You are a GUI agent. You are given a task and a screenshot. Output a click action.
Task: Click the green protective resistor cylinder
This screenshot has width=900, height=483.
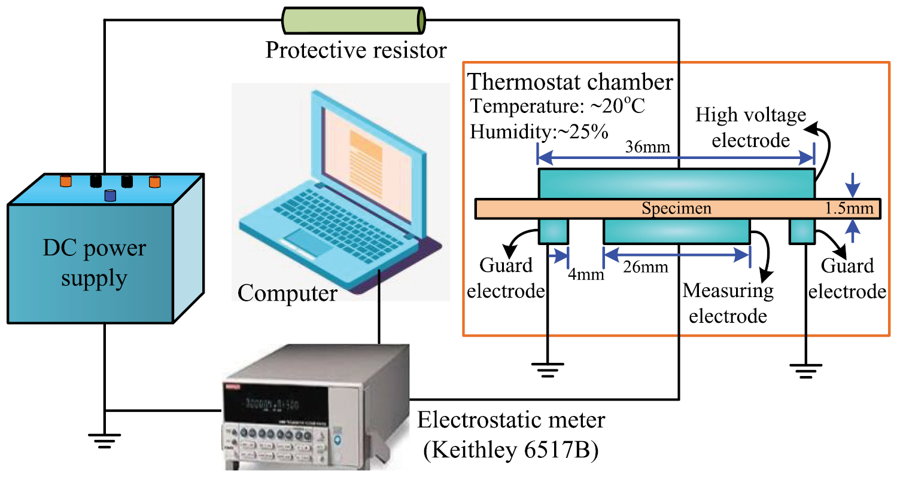pos(354,20)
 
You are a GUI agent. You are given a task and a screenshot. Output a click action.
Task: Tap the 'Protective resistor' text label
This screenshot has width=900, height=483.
pos(356,50)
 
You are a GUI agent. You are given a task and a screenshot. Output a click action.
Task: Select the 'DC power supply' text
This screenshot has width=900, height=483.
pos(94,263)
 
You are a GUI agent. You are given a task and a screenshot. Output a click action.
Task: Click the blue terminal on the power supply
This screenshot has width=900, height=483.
pos(110,195)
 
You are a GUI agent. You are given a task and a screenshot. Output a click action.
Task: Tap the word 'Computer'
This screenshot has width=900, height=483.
pos(287,294)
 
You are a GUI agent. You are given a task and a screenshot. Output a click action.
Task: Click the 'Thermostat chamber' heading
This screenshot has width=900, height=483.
pos(571,82)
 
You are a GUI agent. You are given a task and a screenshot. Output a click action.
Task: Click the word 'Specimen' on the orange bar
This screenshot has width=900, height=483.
pos(676,209)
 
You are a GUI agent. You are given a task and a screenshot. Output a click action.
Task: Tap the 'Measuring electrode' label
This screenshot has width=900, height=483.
pos(728,303)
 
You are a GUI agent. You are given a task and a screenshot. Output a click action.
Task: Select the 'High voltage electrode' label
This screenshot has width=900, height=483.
pos(750,127)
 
